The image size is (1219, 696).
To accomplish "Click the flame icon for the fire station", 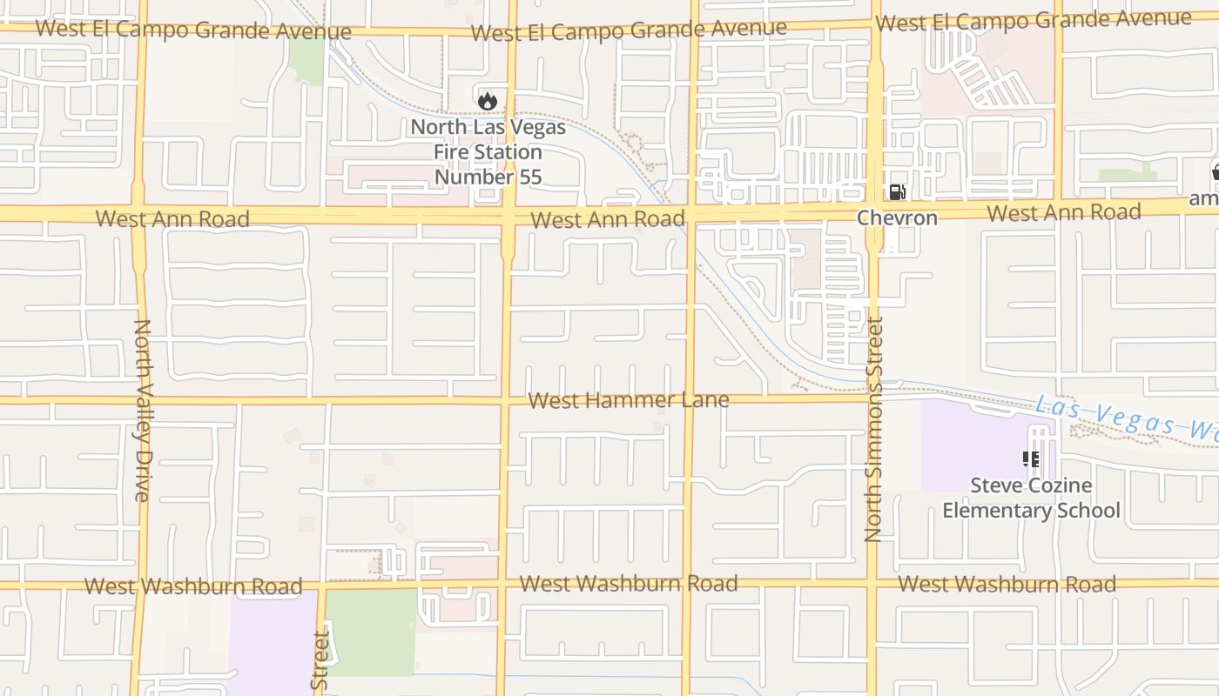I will coord(487,101).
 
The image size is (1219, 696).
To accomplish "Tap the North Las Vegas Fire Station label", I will coord(488,152).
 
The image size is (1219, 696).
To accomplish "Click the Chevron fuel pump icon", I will coord(896,192).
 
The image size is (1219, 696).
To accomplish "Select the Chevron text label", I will coord(897,217).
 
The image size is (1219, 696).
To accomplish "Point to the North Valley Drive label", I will coord(142,410).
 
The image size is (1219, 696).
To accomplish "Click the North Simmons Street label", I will coord(874,429).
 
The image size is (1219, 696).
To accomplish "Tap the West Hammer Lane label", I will coord(629,400).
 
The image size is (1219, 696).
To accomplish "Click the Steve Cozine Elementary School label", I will coord(1031,498).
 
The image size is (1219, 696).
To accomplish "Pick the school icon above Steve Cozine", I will coord(1031,458).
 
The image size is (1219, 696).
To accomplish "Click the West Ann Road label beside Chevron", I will coord(1063,212).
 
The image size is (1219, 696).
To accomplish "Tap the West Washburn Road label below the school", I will coord(1007,584).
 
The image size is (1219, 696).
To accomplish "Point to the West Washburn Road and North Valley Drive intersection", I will coord(139,585).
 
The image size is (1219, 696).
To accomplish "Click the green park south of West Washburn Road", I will coord(370,632).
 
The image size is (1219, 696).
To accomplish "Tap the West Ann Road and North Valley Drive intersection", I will coord(139,214).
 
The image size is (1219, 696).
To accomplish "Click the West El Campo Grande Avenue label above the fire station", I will coord(629,30).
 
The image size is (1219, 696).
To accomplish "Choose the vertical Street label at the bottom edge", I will coord(320,661).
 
